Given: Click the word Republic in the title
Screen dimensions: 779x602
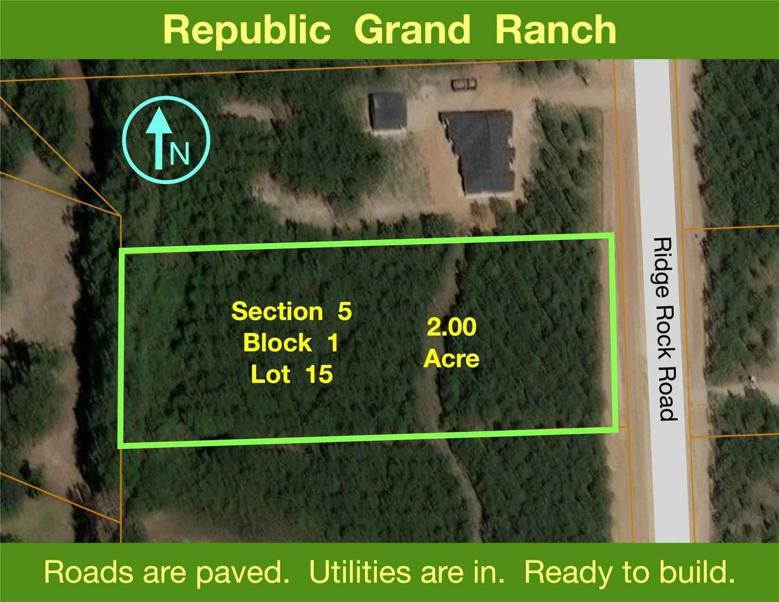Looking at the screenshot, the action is [x=246, y=31].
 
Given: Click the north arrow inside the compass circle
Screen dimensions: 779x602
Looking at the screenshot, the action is [x=159, y=138].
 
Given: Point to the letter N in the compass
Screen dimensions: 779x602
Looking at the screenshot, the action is [x=179, y=154].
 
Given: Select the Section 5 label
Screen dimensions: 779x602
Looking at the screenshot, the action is [x=291, y=311].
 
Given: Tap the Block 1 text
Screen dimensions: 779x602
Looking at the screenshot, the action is [x=291, y=343].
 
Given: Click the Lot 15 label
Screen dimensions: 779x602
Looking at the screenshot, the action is [x=292, y=374].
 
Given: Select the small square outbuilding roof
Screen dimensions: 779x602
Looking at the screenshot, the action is [x=388, y=112].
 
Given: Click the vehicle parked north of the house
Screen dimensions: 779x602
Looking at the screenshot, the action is [x=463, y=84].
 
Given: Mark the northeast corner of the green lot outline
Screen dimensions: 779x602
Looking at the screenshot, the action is [x=612, y=235].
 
